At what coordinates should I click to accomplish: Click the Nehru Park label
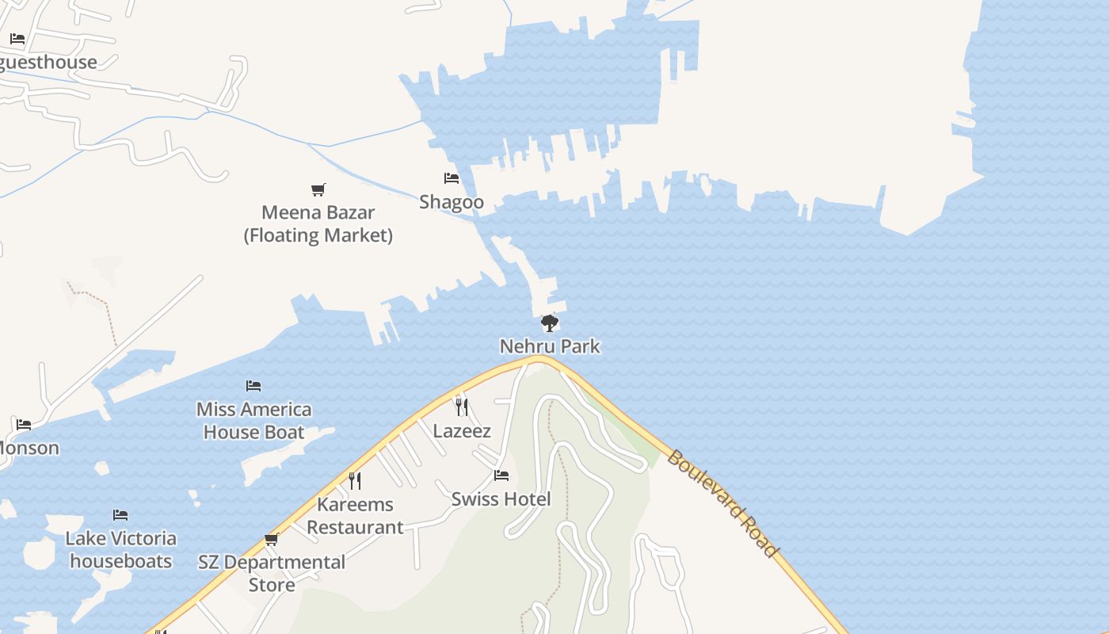point(550,346)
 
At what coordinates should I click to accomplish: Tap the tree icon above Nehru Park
point(549,323)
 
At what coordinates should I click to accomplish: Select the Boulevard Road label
point(722,503)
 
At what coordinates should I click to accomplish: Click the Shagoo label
point(452,202)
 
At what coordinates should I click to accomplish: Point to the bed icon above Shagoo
point(452,178)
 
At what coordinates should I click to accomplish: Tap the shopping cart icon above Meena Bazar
point(318,189)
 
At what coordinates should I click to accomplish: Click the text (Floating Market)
point(318,235)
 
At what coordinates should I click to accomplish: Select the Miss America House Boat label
point(253,421)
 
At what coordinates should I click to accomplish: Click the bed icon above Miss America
point(253,386)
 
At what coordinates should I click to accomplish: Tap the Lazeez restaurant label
point(462,431)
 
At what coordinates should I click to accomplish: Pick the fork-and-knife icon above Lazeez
point(462,407)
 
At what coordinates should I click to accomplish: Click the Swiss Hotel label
point(501,499)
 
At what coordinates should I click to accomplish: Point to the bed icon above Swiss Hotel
point(501,475)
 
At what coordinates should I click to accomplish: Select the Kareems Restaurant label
point(355,516)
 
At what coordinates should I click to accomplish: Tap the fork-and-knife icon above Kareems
point(355,480)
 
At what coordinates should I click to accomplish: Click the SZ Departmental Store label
point(272,574)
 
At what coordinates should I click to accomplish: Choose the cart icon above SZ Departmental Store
point(272,540)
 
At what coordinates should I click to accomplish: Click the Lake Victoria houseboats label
point(120,550)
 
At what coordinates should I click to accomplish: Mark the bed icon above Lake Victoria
point(120,515)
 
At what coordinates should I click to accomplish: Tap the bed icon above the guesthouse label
point(17,39)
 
